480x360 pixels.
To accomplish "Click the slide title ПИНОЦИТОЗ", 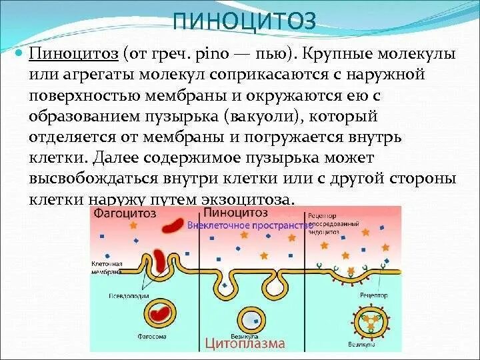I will tap(243, 21).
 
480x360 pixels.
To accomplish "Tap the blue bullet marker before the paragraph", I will tap(20, 51).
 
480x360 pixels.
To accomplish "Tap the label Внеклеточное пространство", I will tap(251, 225).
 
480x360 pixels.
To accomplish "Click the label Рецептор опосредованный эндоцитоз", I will tap(326, 225).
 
